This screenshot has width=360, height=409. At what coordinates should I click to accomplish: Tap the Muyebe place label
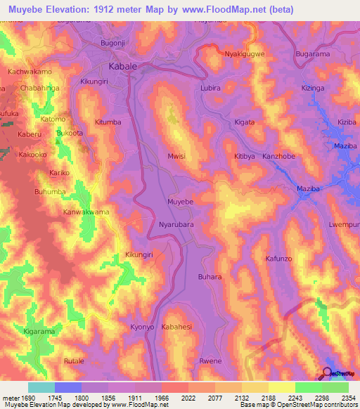coord(180,202)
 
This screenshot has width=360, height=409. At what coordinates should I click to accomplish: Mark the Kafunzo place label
coord(278,259)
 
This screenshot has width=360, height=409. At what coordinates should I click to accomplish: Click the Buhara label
coord(210,277)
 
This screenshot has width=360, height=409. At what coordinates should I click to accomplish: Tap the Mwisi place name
coord(176,157)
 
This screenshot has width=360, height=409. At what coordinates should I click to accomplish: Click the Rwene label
coord(211,361)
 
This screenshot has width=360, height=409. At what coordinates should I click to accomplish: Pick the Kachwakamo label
coord(30,72)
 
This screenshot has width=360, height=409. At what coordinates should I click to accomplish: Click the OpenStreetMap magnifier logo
coord(328,374)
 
